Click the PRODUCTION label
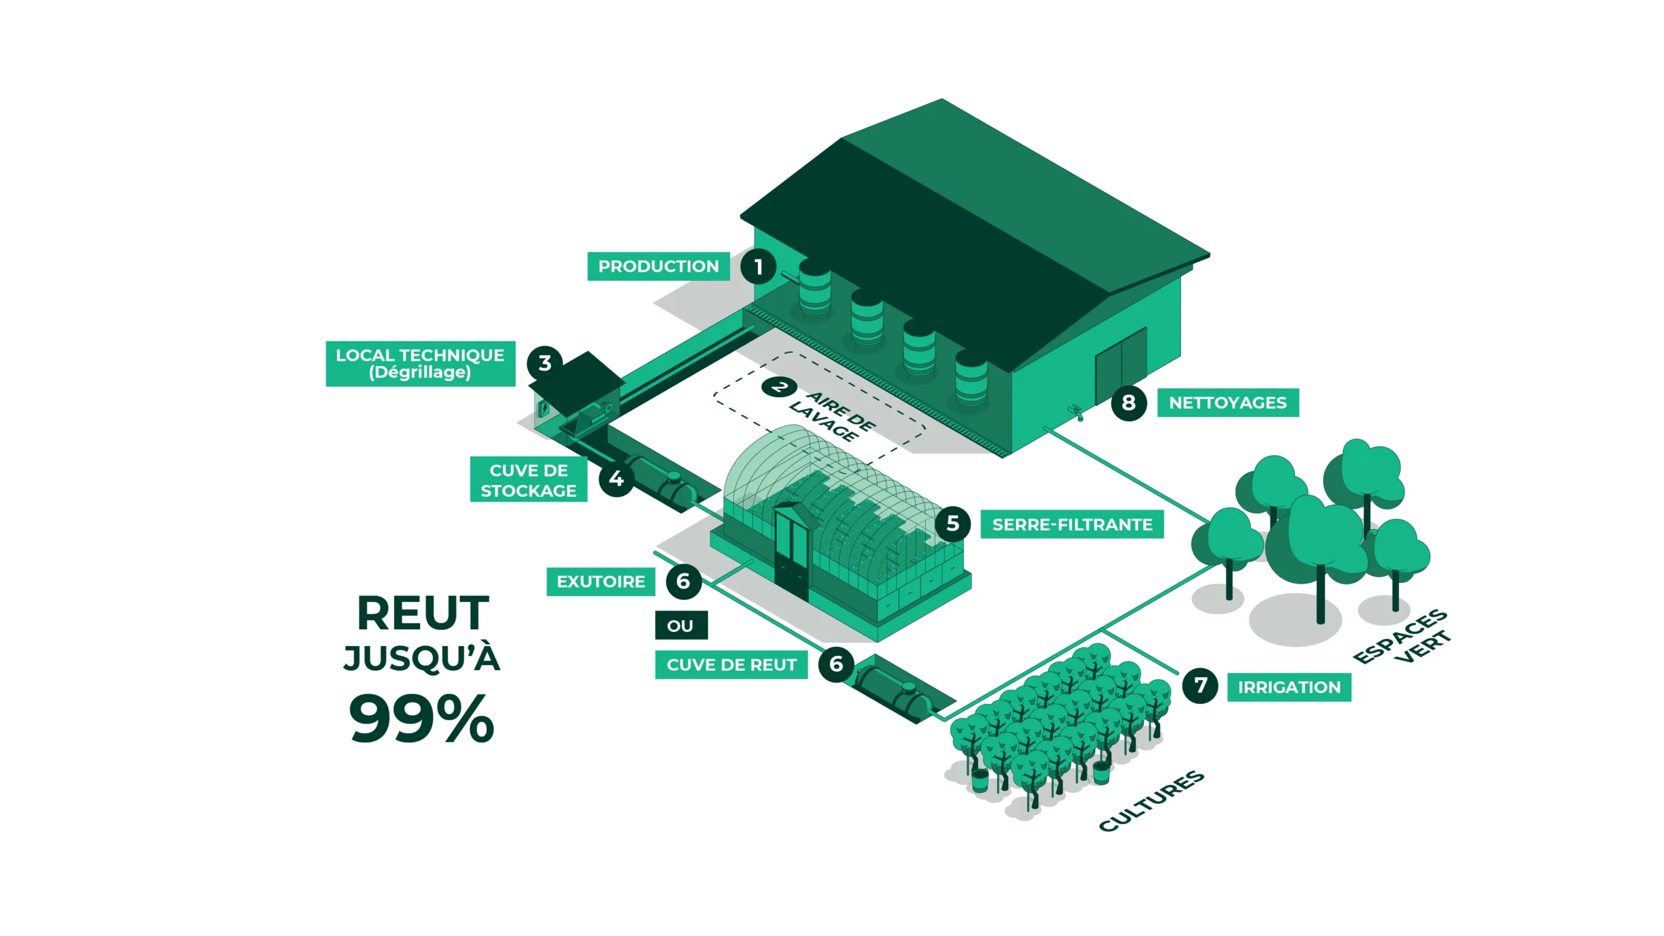[x=658, y=266]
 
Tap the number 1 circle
[x=758, y=266]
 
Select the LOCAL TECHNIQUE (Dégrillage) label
[x=420, y=364]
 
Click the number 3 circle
[x=545, y=363]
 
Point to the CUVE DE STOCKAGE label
[x=528, y=480]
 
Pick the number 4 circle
[x=616, y=479]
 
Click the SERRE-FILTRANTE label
[x=1072, y=525]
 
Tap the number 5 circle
[x=953, y=523]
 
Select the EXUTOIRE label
[x=601, y=582]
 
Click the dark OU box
[x=681, y=626]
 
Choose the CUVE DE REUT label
[x=731, y=665]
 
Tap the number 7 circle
[x=1200, y=685]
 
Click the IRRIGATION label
[x=1289, y=688]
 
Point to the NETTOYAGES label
[x=1228, y=403]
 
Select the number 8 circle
[x=1128, y=403]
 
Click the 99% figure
[x=422, y=718]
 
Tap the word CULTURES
[x=1151, y=801]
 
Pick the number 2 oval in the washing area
[x=779, y=387]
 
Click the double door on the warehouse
[x=1121, y=365]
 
